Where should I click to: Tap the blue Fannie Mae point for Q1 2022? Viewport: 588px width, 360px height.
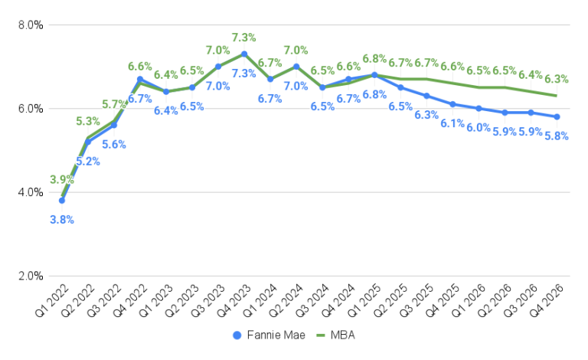[62, 201]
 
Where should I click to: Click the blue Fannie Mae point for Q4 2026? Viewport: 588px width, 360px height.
[557, 116]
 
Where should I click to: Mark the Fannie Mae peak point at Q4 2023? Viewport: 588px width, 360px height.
[244, 54]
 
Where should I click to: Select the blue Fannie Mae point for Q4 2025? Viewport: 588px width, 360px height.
[452, 104]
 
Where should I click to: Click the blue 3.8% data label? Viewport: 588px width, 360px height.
[62, 219]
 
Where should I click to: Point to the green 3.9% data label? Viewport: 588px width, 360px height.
[62, 180]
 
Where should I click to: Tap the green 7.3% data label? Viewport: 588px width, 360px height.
[244, 37]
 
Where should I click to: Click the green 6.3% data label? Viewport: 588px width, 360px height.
[557, 79]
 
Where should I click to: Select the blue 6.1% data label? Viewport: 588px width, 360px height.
[452, 123]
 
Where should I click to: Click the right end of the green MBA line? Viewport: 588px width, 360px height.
[557, 96]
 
